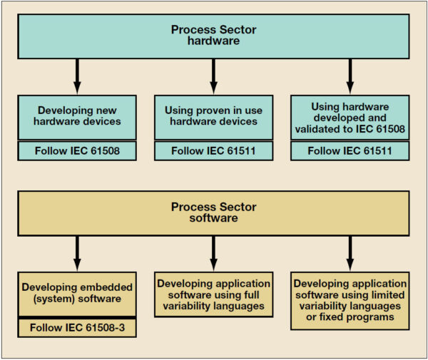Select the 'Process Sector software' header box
click(x=213, y=212)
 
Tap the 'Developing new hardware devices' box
click(x=77, y=116)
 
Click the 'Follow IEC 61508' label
click(x=77, y=151)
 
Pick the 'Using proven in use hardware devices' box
click(x=213, y=116)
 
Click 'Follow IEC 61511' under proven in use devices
click(x=213, y=151)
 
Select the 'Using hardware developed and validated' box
click(x=350, y=116)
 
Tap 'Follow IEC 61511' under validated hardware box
click(x=350, y=151)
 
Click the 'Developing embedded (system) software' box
click(x=77, y=292)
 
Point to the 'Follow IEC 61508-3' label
click(x=77, y=329)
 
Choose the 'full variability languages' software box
click(x=213, y=292)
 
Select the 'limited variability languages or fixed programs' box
click(x=350, y=299)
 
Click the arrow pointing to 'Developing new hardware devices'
click(x=77, y=74)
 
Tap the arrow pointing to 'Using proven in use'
click(x=213, y=74)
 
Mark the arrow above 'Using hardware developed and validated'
click(x=350, y=74)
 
